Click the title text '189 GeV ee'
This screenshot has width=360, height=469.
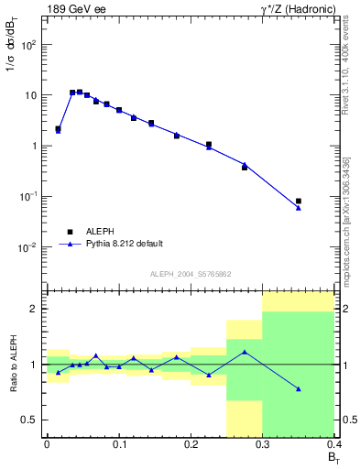point(76,10)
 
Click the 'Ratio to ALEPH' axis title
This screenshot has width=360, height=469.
point(14,366)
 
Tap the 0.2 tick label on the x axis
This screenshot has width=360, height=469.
point(191,445)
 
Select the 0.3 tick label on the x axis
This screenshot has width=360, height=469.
point(263,445)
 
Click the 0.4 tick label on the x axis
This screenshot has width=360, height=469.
point(333,445)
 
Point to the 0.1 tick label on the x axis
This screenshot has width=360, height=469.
point(118,445)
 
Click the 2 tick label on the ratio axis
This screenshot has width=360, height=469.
point(35,309)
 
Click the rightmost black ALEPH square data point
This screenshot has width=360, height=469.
point(299,201)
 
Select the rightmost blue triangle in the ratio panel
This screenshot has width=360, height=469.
point(299,389)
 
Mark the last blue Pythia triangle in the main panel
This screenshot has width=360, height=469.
point(299,208)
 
